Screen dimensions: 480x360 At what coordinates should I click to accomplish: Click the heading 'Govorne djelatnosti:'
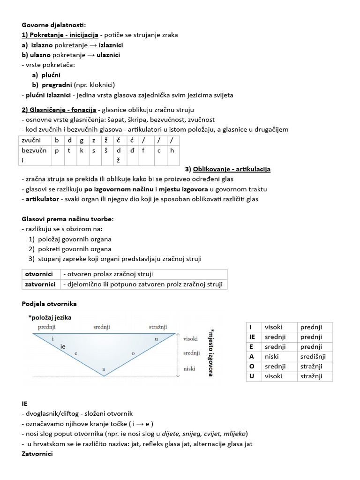tap(54, 25)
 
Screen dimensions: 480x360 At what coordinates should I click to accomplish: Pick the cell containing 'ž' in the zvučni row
tap(106, 141)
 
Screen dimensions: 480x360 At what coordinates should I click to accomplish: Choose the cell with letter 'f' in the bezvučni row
tap(143, 151)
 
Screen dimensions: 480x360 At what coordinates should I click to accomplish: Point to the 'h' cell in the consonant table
tap(172, 151)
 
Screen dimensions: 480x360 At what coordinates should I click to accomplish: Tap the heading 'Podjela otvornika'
tap(49, 304)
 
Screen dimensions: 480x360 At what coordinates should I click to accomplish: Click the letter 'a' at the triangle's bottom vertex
tap(103, 370)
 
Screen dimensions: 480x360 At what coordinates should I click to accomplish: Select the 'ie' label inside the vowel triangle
tap(64, 346)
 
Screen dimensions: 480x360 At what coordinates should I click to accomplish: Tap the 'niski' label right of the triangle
tap(189, 369)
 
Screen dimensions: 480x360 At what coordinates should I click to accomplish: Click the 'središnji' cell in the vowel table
tap(315, 356)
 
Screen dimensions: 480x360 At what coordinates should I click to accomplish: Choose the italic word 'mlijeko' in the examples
tap(232, 433)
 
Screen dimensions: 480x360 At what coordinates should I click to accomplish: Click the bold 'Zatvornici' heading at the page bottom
tap(37, 454)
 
